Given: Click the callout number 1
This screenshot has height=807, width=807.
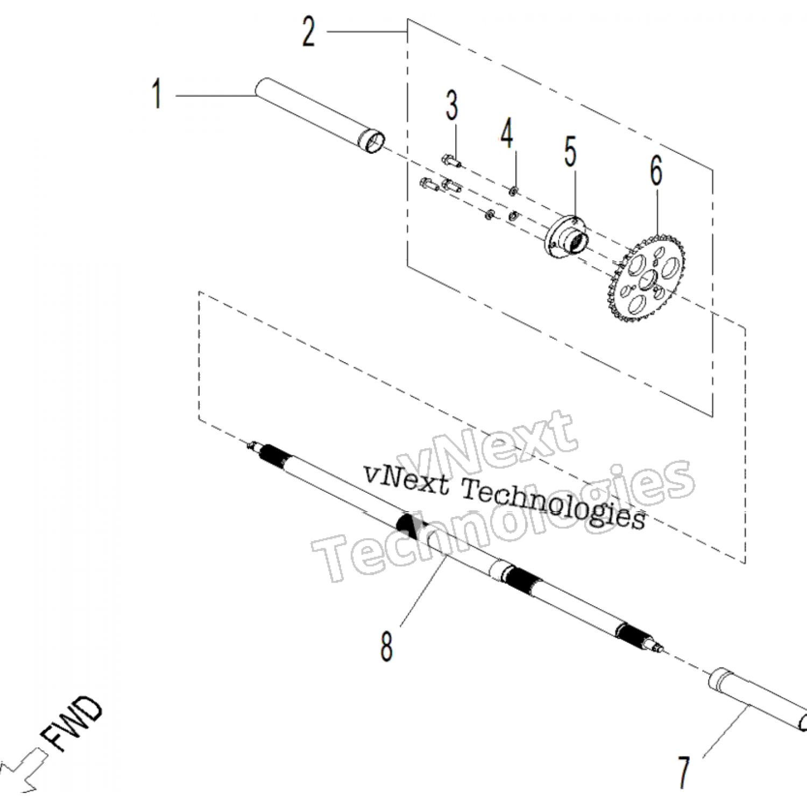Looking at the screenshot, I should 157,94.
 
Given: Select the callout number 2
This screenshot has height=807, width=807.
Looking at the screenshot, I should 308,32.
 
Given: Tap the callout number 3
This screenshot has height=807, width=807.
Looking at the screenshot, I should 451,106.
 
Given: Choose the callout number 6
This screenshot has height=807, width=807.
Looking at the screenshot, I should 656,172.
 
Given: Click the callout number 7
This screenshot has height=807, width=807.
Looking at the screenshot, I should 683,773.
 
